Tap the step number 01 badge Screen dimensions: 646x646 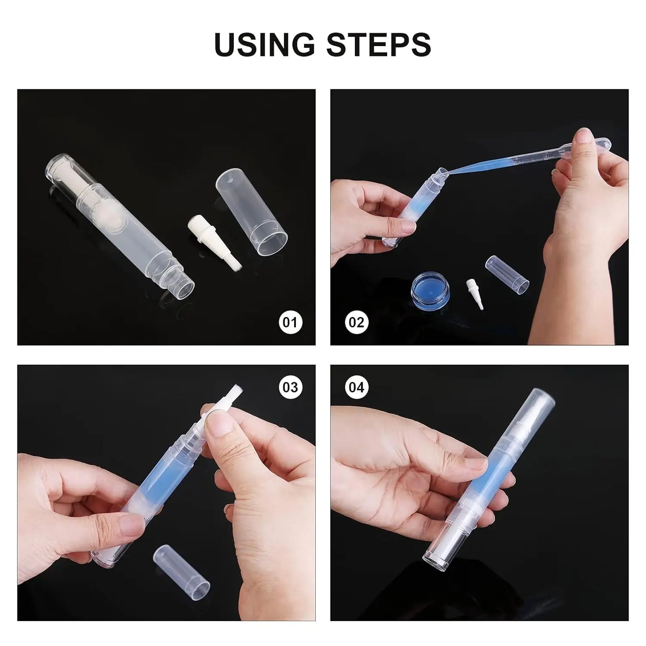pos(291,322)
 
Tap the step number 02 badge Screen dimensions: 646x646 pos(356,322)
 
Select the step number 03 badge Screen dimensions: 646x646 pos(291,387)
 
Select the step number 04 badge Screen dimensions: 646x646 pos(356,387)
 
